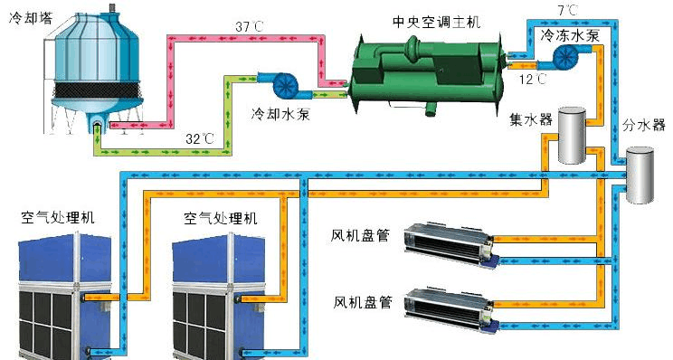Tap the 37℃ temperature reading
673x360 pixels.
click(x=249, y=26)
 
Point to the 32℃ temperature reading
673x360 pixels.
click(x=200, y=139)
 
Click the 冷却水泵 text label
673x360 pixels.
click(x=280, y=114)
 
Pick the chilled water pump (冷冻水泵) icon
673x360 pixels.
click(x=567, y=56)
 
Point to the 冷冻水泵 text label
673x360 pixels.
click(x=567, y=35)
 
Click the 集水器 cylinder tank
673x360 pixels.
click(x=571, y=136)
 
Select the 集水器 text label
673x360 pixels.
click(x=529, y=119)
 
